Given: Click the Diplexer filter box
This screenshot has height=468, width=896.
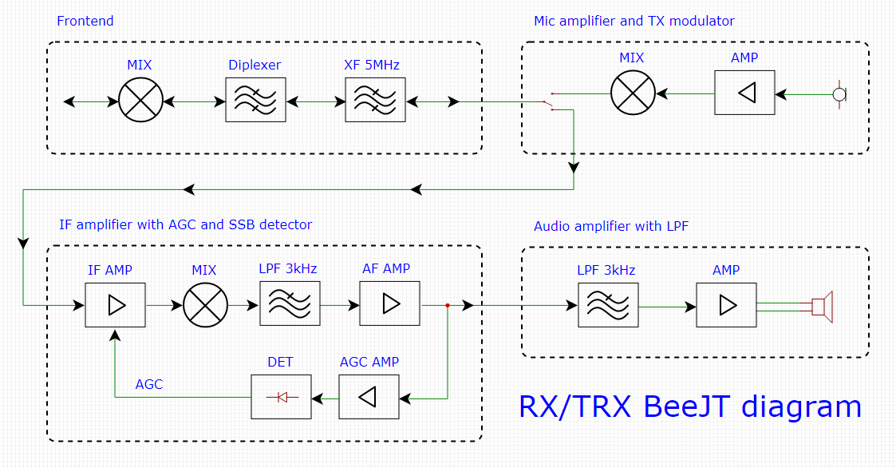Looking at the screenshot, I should point(255,100).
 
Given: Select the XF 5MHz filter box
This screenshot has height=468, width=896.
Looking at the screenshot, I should point(375,100).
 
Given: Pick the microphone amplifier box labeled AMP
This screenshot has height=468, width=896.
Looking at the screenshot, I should point(744,93).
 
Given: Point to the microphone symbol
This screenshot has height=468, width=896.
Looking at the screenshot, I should point(839,94).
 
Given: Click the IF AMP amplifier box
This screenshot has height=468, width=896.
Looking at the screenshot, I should point(116,304).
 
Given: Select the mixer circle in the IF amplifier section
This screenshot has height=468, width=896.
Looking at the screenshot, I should point(206,304).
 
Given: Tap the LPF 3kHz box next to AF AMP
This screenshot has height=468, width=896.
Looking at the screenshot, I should point(290,303).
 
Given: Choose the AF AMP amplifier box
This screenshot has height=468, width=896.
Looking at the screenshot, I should point(389,303).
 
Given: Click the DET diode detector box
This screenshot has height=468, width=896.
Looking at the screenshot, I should point(281,396).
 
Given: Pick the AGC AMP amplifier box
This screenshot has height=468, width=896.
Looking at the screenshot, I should point(369,396).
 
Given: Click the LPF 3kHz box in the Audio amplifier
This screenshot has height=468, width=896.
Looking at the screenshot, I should point(608,304).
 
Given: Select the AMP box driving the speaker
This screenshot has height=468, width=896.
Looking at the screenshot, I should point(726,304).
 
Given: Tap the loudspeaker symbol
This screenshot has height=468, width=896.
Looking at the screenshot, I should point(822,307).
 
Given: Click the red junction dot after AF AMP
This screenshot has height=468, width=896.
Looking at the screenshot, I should point(448,305).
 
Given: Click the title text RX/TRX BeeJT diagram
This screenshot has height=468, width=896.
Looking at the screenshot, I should point(690,407).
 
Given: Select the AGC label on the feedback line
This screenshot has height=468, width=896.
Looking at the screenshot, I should point(149,384).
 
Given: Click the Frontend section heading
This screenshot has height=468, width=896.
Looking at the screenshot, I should point(85,21).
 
